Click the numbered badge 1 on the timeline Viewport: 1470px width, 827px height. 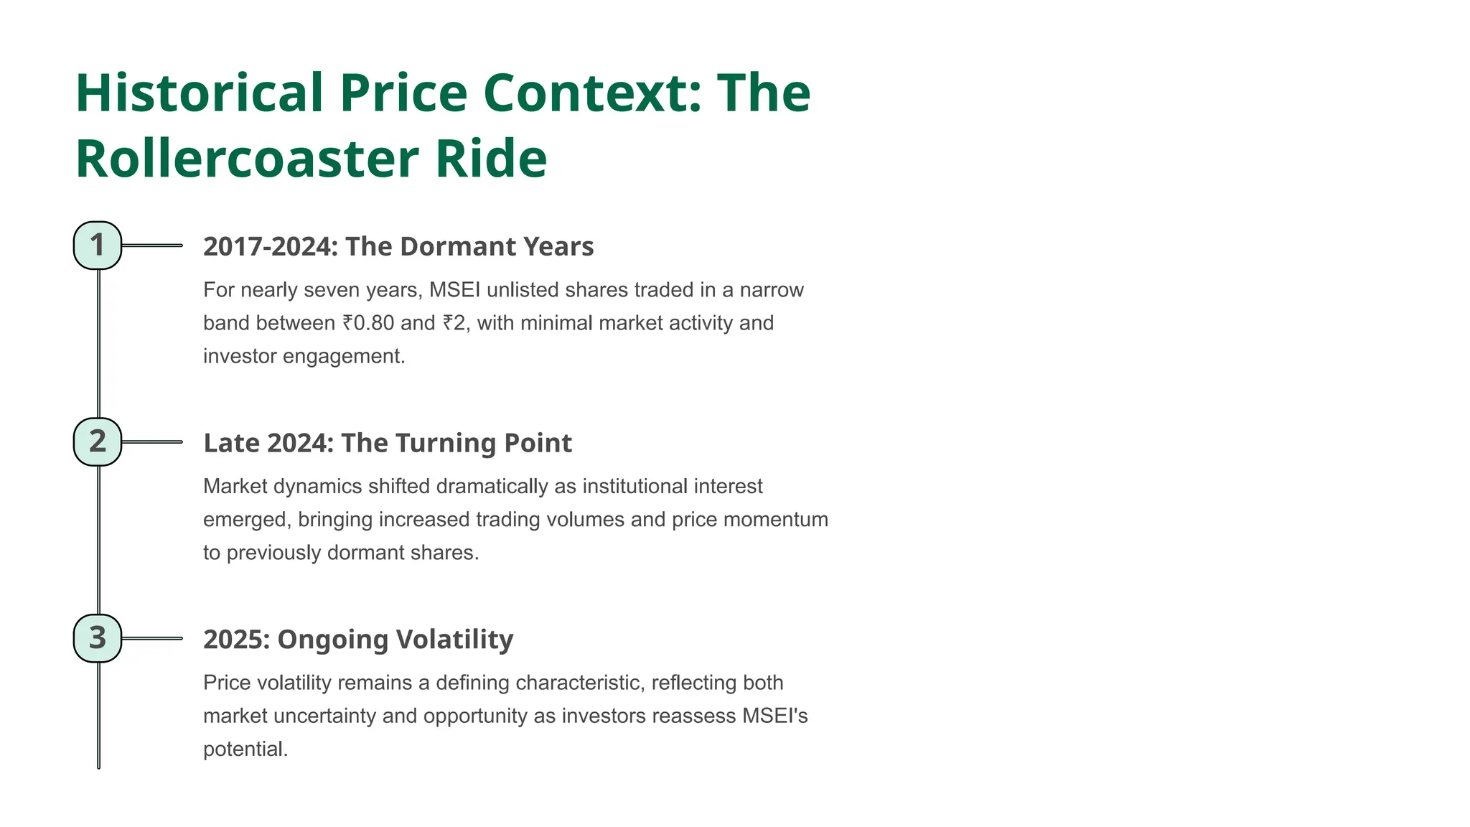click(98, 246)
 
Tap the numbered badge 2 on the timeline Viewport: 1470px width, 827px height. click(98, 441)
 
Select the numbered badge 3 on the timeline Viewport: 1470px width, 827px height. click(98, 638)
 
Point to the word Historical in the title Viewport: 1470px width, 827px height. click(200, 93)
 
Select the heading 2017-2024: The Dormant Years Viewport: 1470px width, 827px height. click(398, 246)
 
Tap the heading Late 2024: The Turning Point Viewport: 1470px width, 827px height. click(388, 443)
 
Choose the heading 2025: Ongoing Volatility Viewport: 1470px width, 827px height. click(358, 639)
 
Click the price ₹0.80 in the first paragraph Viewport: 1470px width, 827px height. click(368, 323)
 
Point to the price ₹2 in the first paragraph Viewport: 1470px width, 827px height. click(454, 323)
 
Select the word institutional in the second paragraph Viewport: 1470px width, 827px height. click(635, 486)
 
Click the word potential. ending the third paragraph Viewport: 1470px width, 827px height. click(245, 749)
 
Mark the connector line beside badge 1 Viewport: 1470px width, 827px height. click(151, 246)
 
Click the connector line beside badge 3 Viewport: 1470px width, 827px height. click(151, 638)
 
